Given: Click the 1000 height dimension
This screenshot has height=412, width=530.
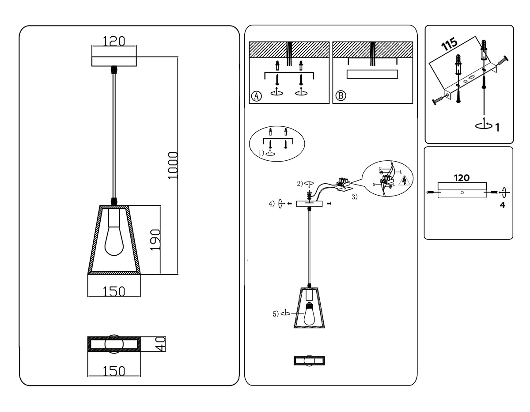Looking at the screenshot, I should point(173,165).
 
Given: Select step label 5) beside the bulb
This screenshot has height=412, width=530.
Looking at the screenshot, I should point(276,314).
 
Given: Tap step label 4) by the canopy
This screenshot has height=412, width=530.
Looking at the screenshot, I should point(271,204).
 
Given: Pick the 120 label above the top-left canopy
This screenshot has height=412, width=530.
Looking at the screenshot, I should point(114,41).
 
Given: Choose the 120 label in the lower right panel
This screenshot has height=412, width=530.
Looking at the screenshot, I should point(462,178).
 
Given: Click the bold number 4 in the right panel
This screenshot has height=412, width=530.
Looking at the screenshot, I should point(502,205).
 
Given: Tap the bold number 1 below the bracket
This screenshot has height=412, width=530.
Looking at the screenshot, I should point(497,128).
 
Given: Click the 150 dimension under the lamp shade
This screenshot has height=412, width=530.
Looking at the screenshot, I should point(114,291).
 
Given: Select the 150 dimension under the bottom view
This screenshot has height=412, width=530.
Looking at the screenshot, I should point(114,371).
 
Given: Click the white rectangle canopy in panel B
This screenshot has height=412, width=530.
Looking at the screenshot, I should point(372,74).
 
